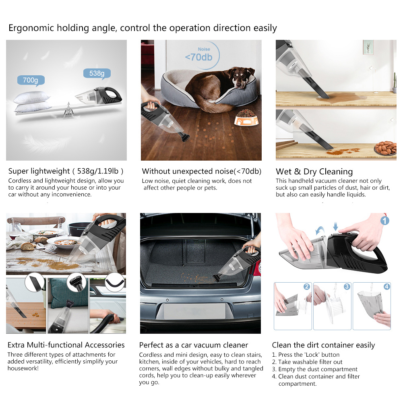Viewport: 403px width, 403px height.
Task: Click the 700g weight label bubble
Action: click(31, 81)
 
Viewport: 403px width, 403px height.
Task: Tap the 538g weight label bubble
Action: click(97, 74)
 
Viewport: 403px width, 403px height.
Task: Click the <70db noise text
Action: click(198, 57)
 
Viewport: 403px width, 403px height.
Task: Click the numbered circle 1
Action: click(384, 221)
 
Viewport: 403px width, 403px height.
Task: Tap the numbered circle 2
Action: click(306, 287)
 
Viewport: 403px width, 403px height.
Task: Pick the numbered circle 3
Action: click(347, 287)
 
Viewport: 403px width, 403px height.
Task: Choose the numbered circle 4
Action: click(386, 287)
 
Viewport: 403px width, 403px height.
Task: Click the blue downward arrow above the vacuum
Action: click(335, 226)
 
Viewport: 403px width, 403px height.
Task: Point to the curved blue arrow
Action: click(320, 230)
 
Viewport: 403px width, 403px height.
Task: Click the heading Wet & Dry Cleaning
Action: click(314, 172)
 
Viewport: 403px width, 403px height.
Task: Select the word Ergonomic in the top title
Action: click(31, 28)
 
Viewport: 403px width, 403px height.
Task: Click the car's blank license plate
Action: click(194, 311)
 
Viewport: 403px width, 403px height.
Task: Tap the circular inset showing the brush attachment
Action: click(76, 282)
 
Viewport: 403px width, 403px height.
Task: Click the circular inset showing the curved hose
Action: click(115, 282)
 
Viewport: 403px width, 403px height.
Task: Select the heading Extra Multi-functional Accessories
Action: click(66, 345)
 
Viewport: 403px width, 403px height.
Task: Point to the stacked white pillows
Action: click(32, 102)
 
